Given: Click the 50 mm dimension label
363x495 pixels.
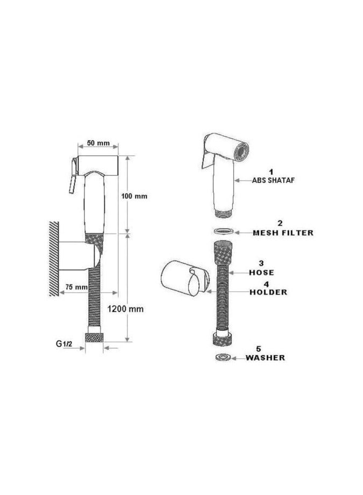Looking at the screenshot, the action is click(x=98, y=143).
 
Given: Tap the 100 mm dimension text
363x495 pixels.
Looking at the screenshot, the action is click(x=134, y=196).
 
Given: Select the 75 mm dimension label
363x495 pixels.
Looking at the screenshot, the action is click(x=76, y=287).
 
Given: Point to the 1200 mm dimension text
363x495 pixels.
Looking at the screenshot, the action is click(x=125, y=309).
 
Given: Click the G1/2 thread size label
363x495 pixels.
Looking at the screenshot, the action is click(x=64, y=344).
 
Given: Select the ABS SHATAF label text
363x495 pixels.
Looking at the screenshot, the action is click(x=273, y=180).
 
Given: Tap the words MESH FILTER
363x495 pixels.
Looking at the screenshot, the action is click(x=283, y=233).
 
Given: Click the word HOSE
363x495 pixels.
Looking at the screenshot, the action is click(x=261, y=272).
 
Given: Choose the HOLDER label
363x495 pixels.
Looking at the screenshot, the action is click(x=268, y=292).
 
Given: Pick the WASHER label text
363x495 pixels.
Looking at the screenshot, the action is click(x=265, y=357).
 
